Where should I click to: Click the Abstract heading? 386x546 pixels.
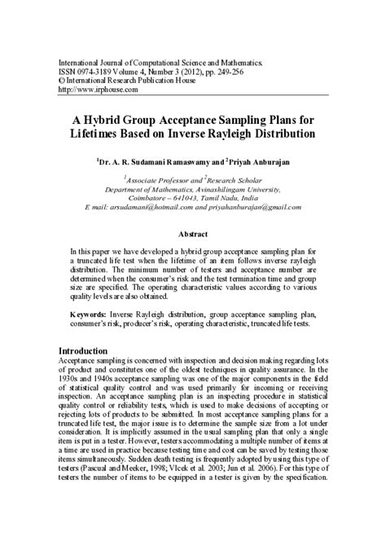pos(193,233)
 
